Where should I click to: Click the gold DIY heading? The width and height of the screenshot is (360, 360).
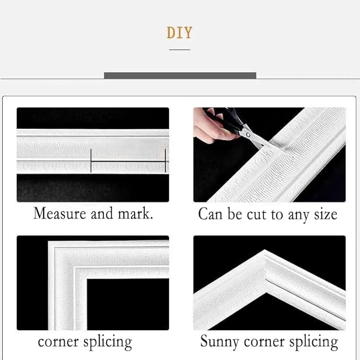(x=180, y=32)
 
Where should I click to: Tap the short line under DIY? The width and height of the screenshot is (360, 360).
(x=180, y=49)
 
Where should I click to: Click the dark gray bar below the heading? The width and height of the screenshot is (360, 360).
(x=180, y=75)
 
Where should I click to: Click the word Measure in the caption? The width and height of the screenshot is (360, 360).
(x=60, y=213)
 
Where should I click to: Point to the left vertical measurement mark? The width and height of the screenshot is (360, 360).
(x=91, y=161)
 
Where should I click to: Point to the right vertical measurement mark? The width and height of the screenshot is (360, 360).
(x=165, y=161)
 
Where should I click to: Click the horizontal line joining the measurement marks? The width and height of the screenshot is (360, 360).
(x=128, y=162)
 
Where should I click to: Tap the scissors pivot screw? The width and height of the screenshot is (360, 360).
(x=248, y=135)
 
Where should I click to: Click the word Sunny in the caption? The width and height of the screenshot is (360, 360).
(x=219, y=342)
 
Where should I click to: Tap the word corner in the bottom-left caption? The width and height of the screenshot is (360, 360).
(x=58, y=341)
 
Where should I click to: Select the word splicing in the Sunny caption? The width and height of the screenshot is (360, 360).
(x=314, y=342)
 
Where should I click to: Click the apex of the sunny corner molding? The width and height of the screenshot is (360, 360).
(x=265, y=250)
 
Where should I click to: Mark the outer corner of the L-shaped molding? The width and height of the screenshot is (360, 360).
(x=49, y=241)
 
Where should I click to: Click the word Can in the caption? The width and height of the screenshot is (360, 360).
(x=210, y=214)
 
